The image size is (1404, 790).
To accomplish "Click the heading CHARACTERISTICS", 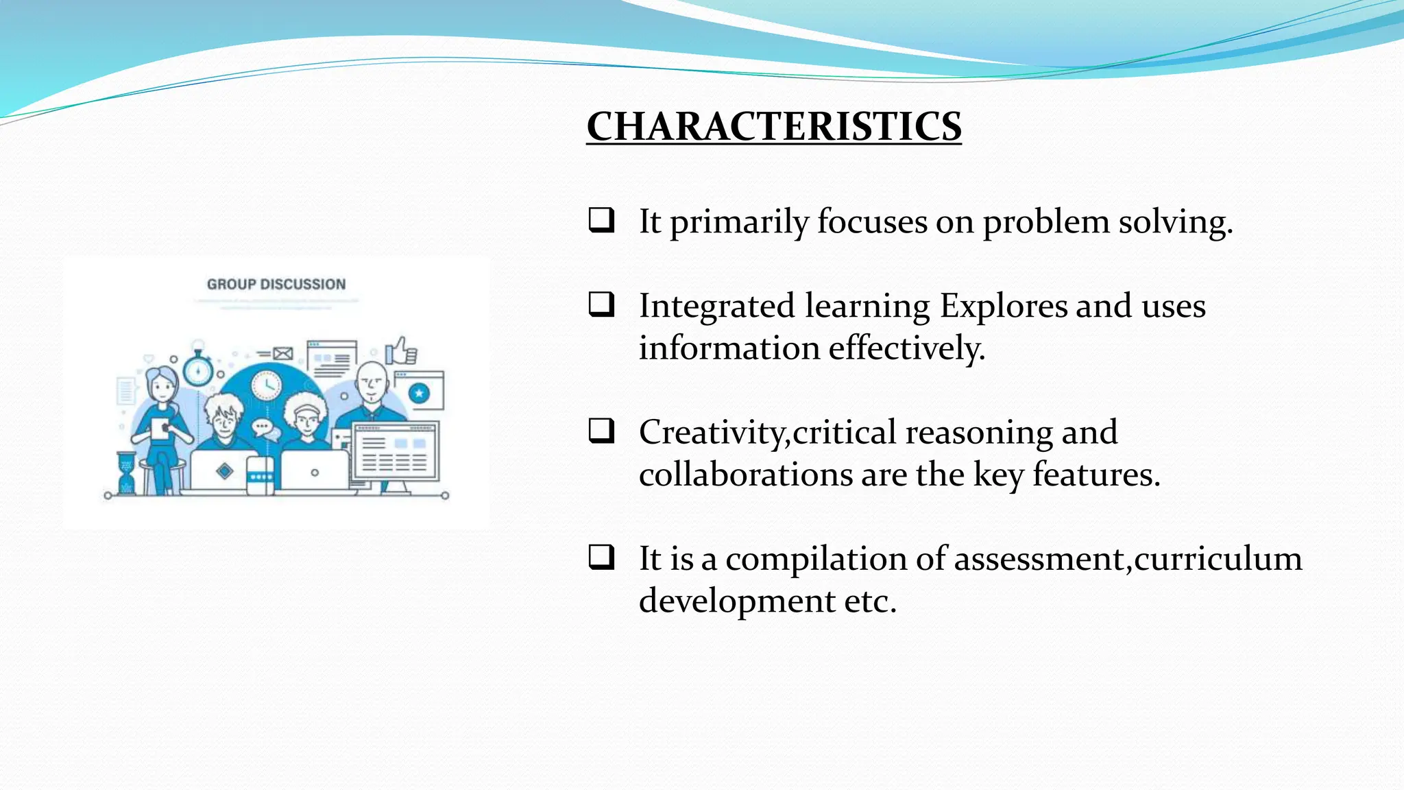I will point(773,127).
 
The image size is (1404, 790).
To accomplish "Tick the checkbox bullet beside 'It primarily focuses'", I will point(601,220).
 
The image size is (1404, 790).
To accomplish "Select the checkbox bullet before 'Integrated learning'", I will point(601,304).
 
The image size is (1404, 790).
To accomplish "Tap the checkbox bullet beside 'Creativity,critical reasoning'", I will point(601,431).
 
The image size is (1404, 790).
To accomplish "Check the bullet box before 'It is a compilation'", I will point(601,557).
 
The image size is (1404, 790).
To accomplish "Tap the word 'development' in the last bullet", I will point(736,601).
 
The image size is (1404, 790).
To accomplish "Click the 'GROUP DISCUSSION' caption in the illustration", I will point(276,284).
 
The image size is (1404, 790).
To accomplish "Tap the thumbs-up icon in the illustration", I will point(401,350).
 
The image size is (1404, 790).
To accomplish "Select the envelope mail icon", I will point(282,354).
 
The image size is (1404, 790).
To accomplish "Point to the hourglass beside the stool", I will point(126,473).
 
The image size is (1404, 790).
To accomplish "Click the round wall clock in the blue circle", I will point(266,385).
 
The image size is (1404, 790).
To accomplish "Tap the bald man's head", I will point(372,379).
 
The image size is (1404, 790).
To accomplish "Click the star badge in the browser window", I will point(419,393).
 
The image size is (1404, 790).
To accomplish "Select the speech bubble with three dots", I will point(262,428).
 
